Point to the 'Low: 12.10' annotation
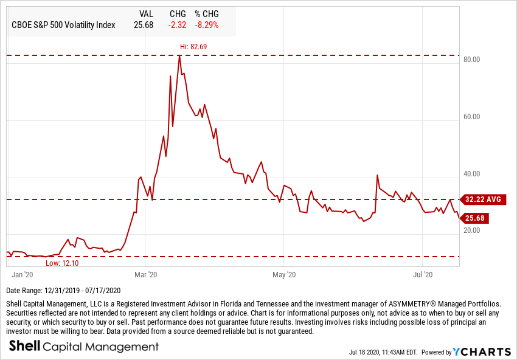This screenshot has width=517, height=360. [x=63, y=263]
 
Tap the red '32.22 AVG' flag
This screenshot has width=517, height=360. [x=483, y=199]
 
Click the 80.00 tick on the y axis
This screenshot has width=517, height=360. [x=472, y=60]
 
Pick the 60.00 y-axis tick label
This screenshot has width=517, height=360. [x=472, y=117]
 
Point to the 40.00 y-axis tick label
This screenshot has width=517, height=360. [x=472, y=174]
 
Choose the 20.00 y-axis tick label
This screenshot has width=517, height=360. [x=472, y=230]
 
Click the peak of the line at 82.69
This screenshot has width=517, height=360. [x=179, y=55]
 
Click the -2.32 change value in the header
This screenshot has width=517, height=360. [x=177, y=25]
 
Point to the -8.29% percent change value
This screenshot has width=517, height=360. [x=206, y=25]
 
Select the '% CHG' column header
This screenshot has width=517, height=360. [x=206, y=13]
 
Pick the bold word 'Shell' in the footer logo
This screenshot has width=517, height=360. [x=24, y=347]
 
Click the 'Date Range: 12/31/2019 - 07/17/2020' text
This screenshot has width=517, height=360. [x=63, y=290]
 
